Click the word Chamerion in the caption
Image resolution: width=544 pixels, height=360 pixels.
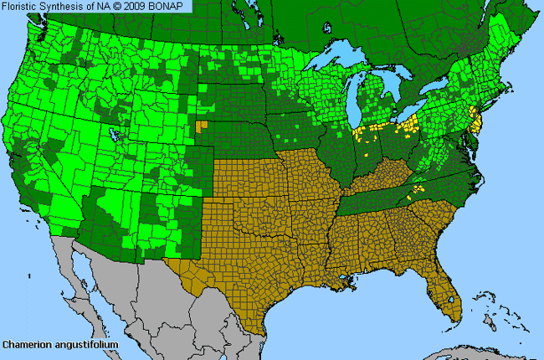pos(26,344)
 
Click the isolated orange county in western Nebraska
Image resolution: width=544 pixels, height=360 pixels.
pos(199,126)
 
